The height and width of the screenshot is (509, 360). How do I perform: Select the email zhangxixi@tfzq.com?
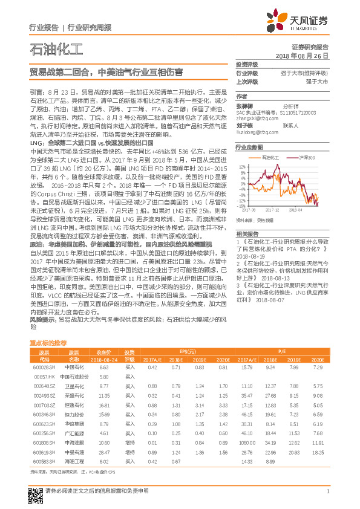(257, 118)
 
